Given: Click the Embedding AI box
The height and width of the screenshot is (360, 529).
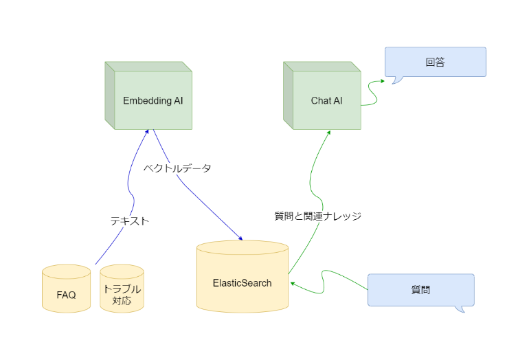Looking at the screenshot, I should coord(153,100).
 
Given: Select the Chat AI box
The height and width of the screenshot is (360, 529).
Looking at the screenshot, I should coord(326,100).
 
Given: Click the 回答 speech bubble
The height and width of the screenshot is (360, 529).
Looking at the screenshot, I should coord(435,62).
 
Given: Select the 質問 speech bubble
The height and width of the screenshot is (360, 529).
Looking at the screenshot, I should coord(420,289).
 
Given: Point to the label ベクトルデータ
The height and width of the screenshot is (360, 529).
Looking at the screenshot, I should coord(177,168).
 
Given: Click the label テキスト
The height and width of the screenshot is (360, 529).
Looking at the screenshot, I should coord(130,221).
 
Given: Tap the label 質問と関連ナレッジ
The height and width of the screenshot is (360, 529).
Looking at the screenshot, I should coord(317,216).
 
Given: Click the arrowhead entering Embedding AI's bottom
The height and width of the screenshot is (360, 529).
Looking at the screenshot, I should coord(146,133).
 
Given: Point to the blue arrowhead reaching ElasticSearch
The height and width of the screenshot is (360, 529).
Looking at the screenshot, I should coord(240,238).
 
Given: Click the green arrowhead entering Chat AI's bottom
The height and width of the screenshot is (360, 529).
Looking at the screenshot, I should coord(328,133).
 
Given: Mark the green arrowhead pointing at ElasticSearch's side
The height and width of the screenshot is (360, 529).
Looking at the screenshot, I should coord(292,282).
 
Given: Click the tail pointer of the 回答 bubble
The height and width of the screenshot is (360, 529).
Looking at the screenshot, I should coord(396,80).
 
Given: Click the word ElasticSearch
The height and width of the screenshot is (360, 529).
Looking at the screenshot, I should coord(242,283).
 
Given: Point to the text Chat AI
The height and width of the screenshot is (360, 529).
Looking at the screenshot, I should coord(326,101).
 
